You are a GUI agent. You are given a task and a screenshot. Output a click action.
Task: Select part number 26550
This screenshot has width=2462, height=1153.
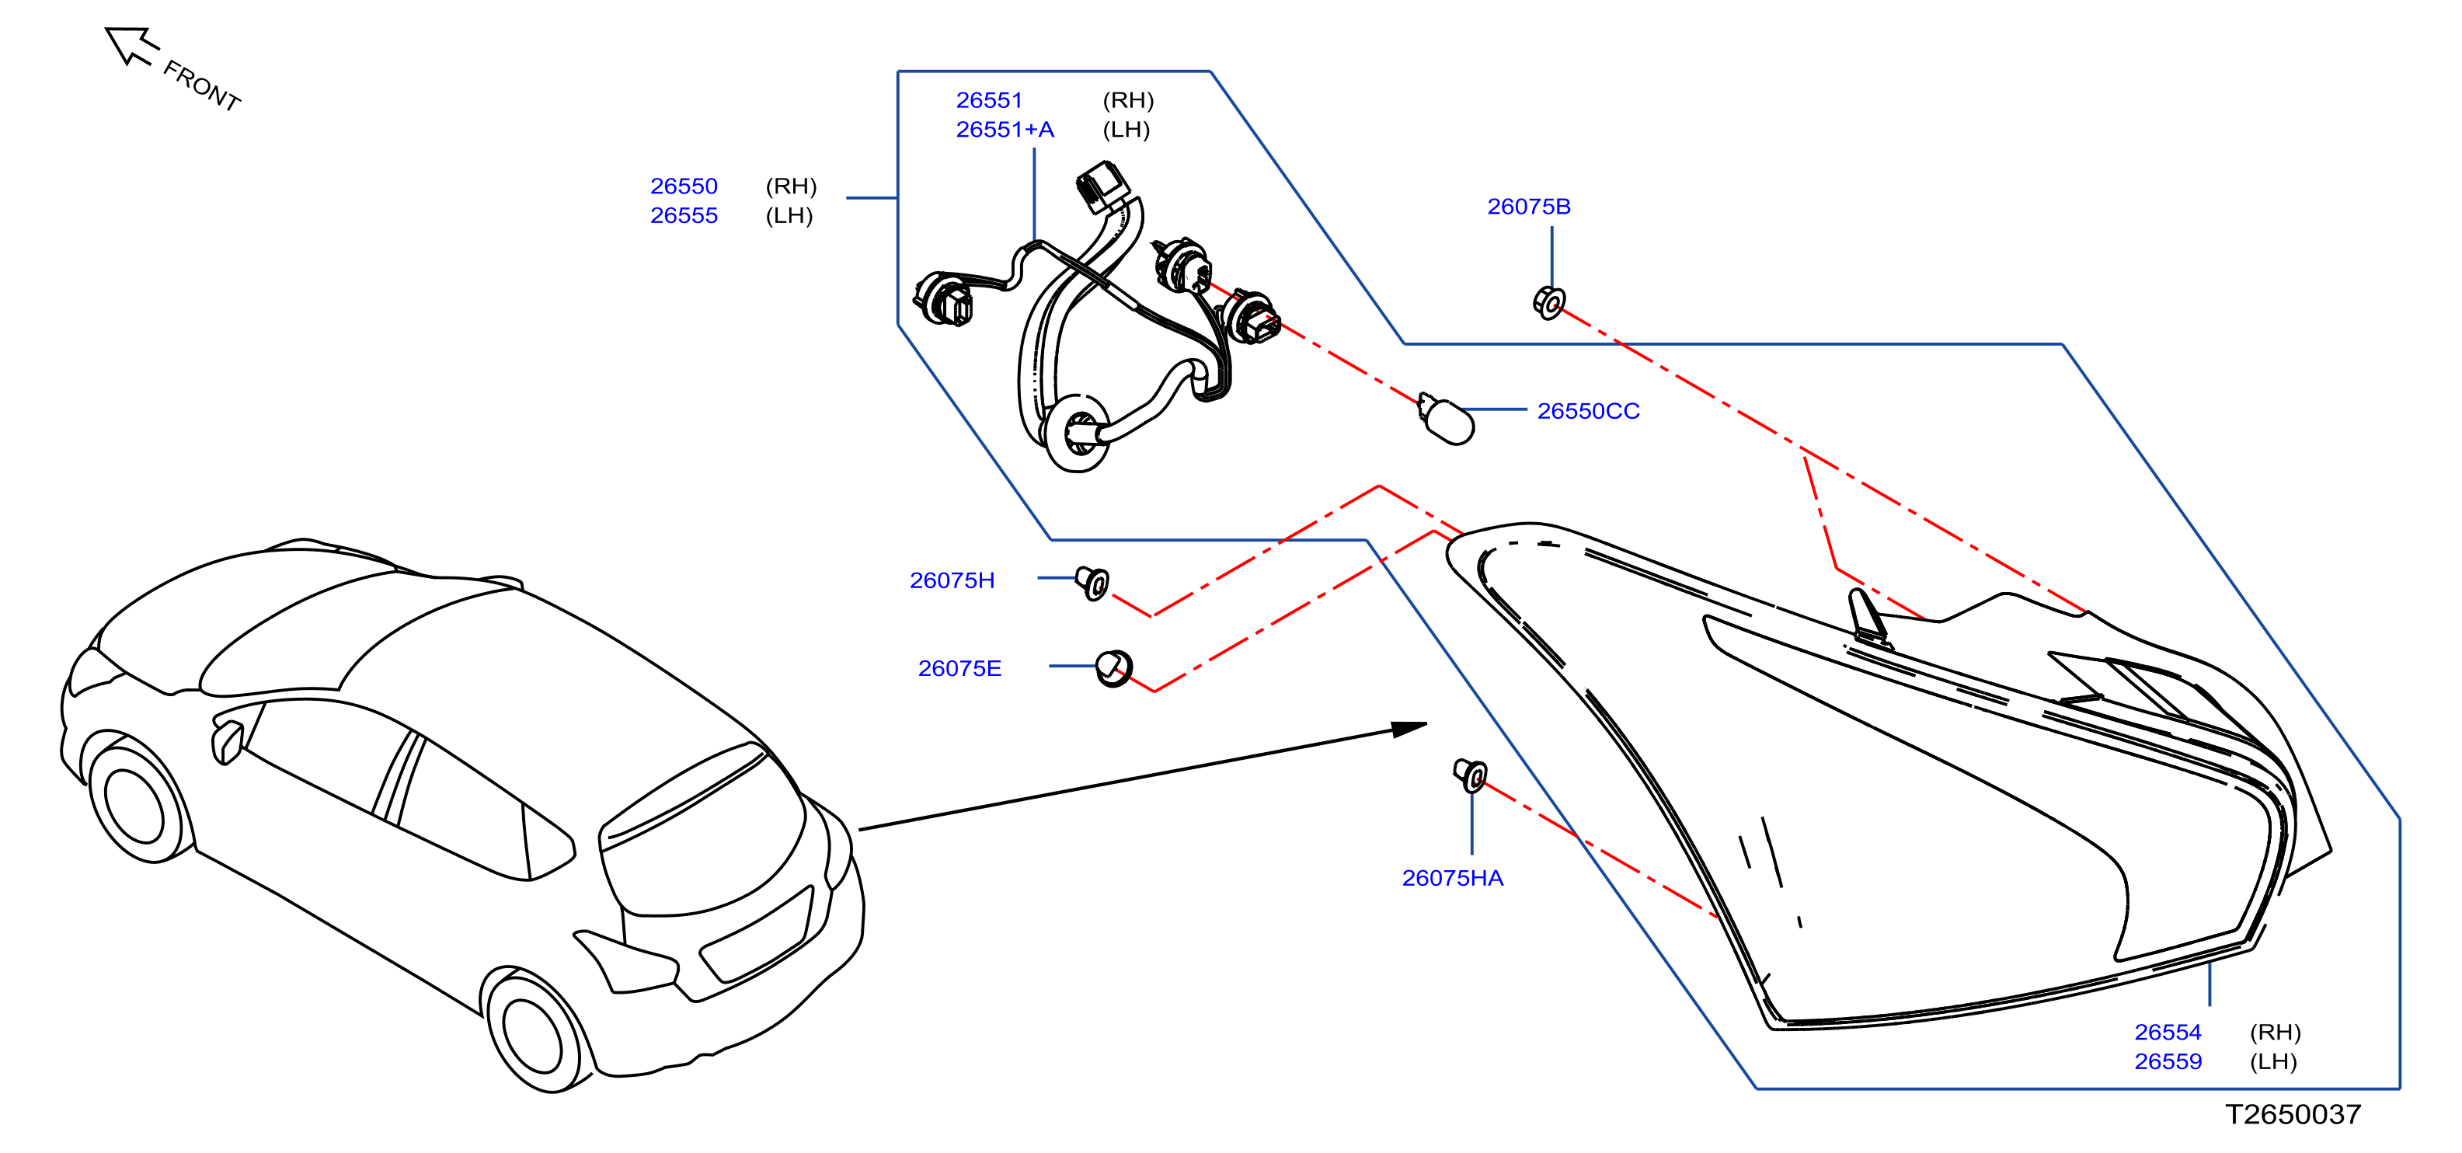[x=684, y=186]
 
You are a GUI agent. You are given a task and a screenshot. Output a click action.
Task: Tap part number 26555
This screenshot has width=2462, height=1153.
[x=684, y=216]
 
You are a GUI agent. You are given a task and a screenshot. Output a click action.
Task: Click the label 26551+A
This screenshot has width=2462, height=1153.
[x=1005, y=130]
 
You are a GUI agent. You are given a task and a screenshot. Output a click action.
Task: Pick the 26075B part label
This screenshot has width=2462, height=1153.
[x=1528, y=207]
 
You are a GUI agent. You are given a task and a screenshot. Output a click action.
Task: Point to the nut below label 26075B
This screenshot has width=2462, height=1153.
[x=1548, y=303]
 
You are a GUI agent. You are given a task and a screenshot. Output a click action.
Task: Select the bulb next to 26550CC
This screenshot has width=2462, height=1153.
[x=1445, y=419]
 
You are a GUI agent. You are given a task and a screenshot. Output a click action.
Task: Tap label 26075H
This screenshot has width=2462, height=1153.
[x=952, y=580]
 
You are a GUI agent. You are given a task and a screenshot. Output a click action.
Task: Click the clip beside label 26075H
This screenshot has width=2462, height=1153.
[x=1092, y=582]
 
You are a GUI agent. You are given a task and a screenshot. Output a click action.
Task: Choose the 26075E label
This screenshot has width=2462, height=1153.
[x=959, y=668]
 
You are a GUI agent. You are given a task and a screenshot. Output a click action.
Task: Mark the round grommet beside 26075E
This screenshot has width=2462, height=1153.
[x=1113, y=668]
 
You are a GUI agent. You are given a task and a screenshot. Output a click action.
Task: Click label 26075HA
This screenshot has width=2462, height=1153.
[x=1452, y=878]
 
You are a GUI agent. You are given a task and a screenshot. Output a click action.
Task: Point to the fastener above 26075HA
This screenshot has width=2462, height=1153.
[x=1470, y=775]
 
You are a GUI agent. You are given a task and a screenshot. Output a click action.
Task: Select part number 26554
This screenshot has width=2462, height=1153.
[x=2168, y=1033]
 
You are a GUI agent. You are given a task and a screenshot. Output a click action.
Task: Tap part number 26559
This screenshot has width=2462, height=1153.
[x=2168, y=1061]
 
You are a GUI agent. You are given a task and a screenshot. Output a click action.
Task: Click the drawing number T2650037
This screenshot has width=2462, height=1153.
[x=2293, y=1114]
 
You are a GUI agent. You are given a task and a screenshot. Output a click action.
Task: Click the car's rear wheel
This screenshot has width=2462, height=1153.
[x=532, y=1033]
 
